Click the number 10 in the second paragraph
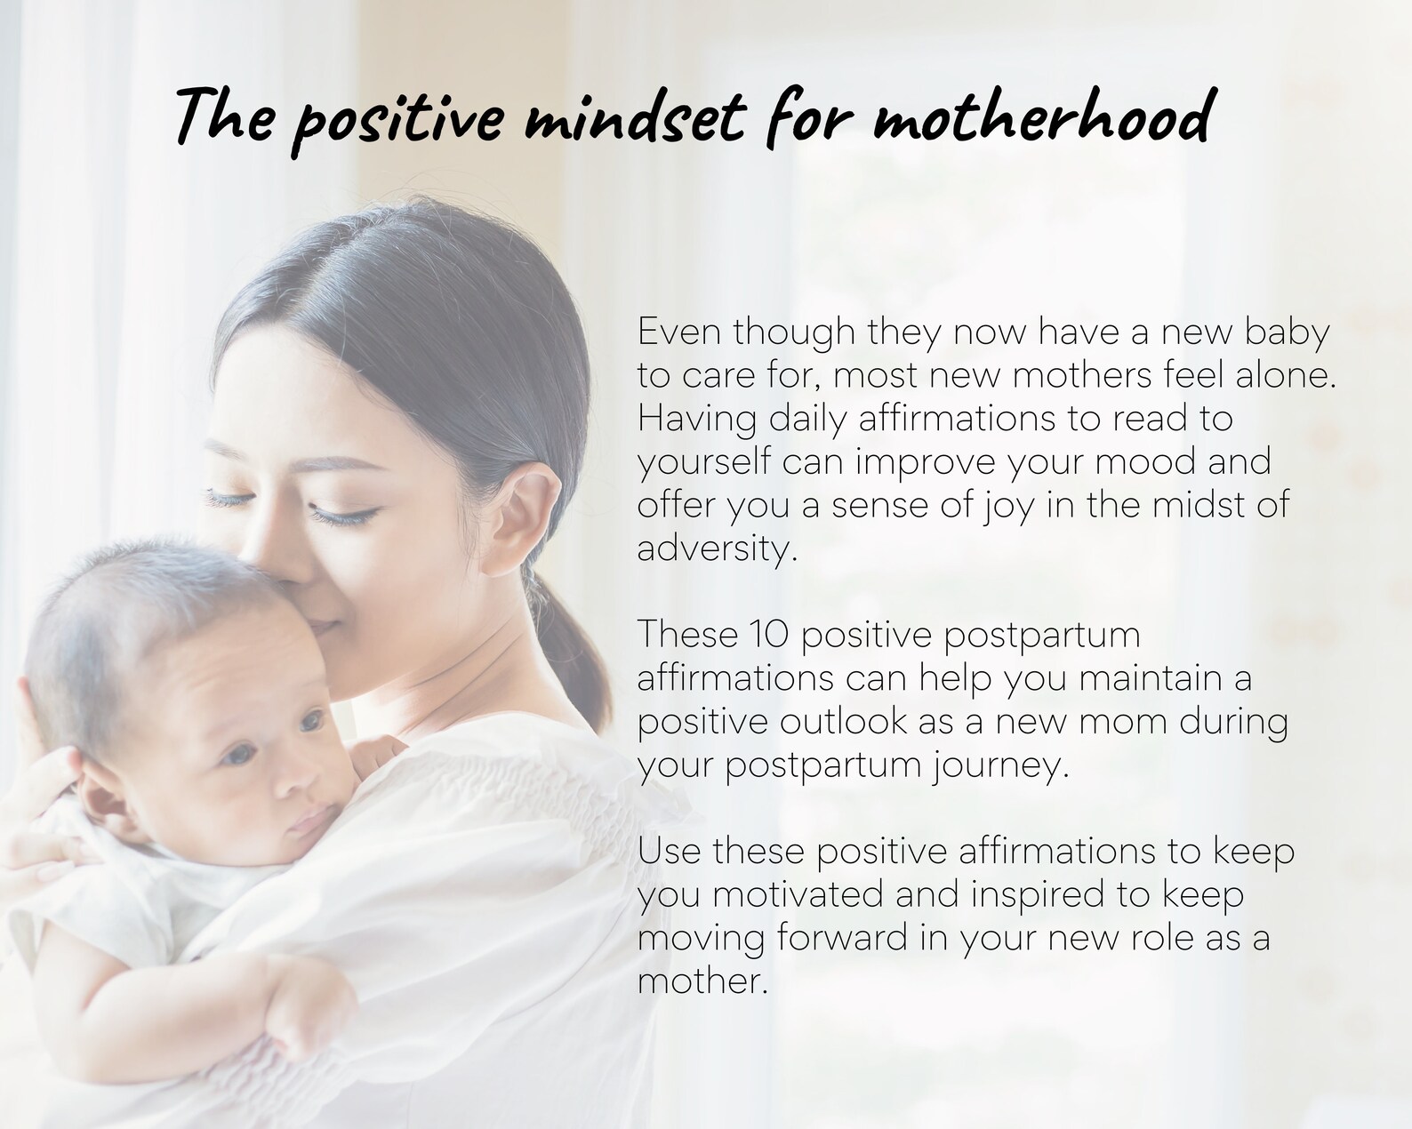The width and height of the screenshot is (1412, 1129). (768, 635)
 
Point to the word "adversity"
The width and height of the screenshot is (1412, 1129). (711, 548)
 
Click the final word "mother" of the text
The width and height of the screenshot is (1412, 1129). (700, 981)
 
